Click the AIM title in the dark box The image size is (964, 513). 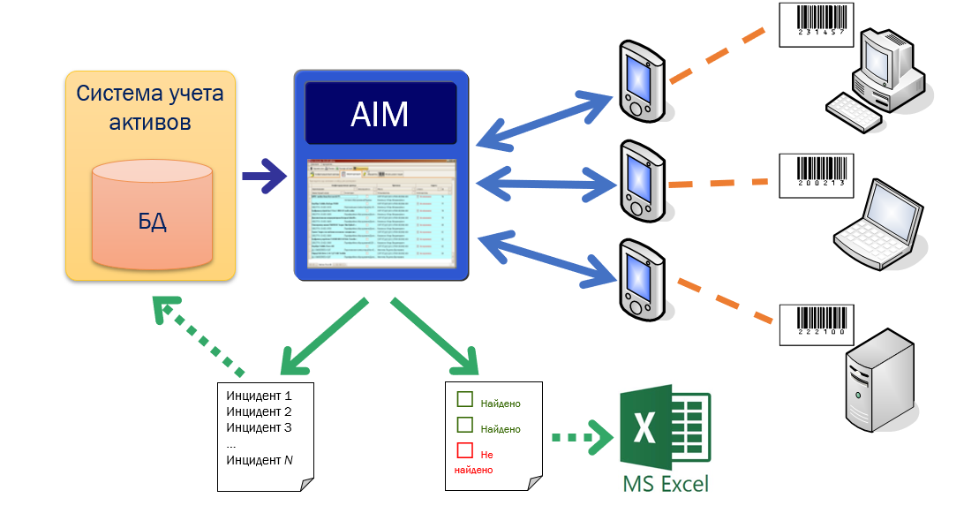[x=380, y=113]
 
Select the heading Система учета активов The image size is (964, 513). [x=150, y=108]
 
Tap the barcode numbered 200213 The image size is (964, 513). [x=814, y=175]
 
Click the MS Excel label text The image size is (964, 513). [x=665, y=484]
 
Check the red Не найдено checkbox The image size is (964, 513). [x=464, y=451]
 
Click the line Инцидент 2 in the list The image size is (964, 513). [x=259, y=411]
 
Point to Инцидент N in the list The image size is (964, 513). [x=260, y=459]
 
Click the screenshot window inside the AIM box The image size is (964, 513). [x=381, y=215]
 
